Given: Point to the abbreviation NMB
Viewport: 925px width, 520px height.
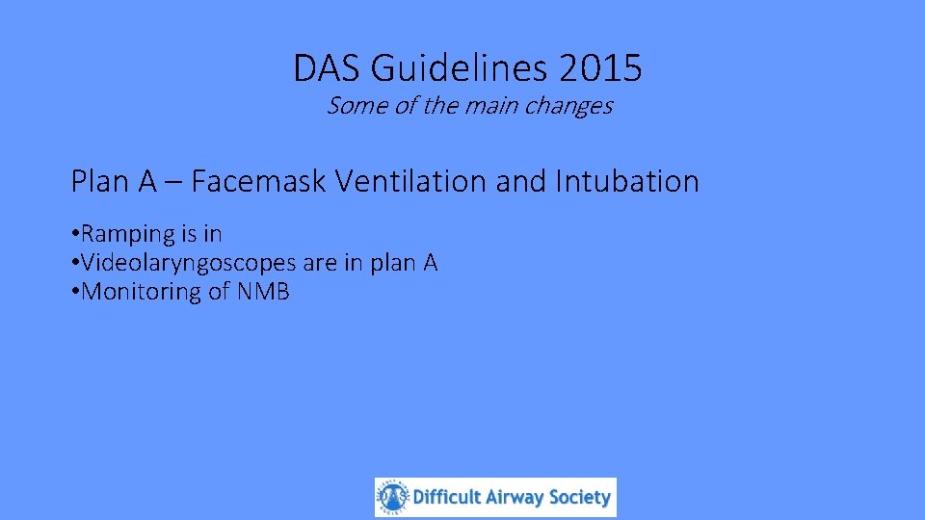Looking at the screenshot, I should tap(261, 292).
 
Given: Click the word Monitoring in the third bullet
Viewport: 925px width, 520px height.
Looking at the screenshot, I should tap(142, 293).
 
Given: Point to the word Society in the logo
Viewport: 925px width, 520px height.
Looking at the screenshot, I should tap(580, 498).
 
